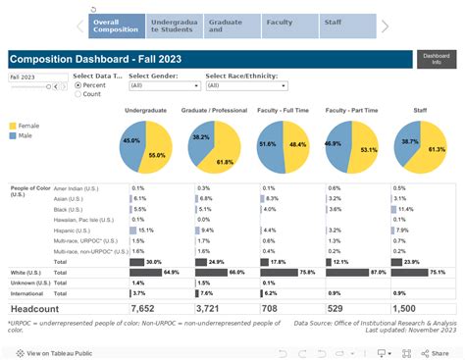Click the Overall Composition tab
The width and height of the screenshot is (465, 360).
[x=116, y=26]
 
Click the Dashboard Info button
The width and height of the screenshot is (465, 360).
[x=436, y=60]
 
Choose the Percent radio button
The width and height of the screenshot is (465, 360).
[x=78, y=85]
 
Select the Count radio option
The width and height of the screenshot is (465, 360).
[x=78, y=94]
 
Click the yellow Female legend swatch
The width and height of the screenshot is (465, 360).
[x=13, y=126]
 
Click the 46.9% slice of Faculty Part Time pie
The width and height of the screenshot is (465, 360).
[x=336, y=143]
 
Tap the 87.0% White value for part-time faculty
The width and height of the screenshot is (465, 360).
[x=378, y=271]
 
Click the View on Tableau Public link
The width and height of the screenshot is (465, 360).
[x=59, y=352]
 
